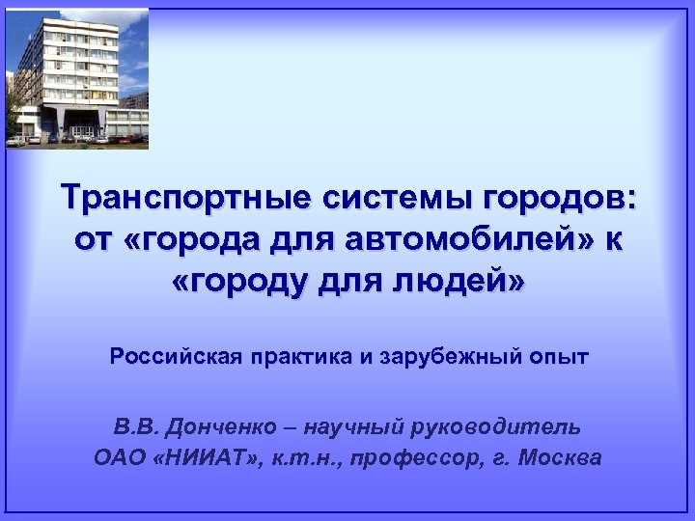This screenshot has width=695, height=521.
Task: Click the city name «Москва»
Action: point(560,457)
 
